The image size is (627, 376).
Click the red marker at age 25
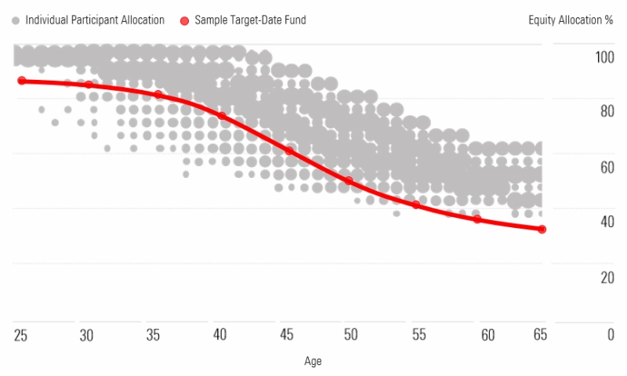click(22, 81)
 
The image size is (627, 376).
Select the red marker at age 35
click(158, 95)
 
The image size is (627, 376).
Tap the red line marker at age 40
click(222, 116)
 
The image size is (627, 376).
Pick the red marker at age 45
click(289, 150)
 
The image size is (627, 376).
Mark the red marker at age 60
click(477, 219)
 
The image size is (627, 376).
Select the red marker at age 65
click(542, 229)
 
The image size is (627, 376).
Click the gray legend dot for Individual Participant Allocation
click(16, 20)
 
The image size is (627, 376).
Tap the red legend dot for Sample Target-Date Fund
click(185, 20)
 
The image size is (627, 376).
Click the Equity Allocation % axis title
click(571, 20)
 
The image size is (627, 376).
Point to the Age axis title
click(313, 361)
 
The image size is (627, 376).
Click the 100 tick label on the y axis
click(604, 57)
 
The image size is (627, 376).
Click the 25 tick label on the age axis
click(20, 335)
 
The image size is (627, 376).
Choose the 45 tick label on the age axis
click(287, 335)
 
